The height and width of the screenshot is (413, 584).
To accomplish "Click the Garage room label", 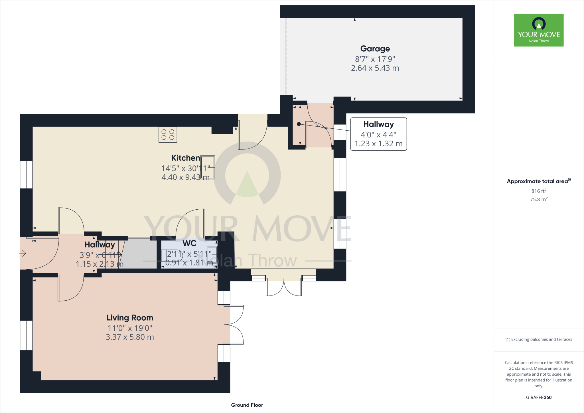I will pos(375,49).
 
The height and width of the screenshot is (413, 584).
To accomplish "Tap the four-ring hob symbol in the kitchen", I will pos(168,135).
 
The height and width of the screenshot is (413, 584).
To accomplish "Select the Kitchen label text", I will pos(185,158).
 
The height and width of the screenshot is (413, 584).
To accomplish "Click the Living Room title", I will pos(130,318).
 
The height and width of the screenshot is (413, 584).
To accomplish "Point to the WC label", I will pos(189,243).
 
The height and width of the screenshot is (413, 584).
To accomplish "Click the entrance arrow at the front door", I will pos(23,253).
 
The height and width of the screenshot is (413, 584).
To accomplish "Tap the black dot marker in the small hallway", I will pos(299,124).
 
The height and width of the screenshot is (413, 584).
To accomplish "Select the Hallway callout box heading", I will pos(378,124).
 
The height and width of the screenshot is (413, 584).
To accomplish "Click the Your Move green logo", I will pos(539,30).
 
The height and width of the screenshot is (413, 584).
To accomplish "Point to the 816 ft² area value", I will pos(539,191).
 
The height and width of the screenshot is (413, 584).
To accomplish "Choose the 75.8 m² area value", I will pos(539,199).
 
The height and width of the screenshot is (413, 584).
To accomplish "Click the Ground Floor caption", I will pos(247,405).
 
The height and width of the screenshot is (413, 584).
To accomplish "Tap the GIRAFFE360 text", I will pos(539,397).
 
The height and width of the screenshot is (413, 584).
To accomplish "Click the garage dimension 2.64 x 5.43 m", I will pos(375,68).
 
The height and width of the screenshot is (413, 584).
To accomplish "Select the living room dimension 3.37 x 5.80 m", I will pos(130,337).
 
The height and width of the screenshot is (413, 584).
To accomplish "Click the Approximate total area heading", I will pos(538,181).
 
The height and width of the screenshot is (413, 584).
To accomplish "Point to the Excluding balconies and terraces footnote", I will pos(539,339).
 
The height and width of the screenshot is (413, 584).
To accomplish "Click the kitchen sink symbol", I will pos(208,167).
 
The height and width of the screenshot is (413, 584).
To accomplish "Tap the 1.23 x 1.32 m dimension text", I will pos(378,144).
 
